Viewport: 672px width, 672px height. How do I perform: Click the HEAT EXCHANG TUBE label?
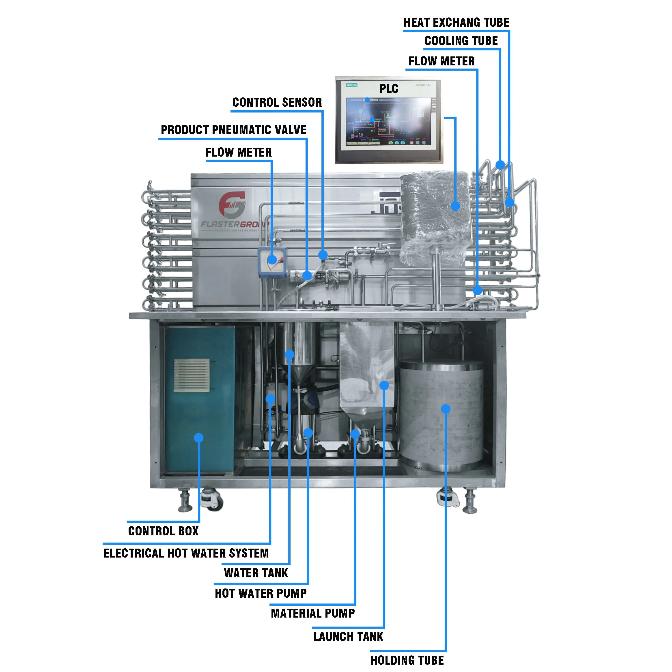(456, 23)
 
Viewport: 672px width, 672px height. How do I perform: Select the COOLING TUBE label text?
(461, 41)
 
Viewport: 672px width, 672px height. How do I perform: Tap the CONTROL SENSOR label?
(277, 102)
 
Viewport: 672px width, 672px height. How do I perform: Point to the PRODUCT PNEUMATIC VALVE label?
(233, 130)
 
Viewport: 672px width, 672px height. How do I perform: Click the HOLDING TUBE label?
(407, 660)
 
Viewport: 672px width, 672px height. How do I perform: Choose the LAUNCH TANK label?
(348, 637)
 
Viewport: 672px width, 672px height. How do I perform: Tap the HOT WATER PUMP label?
(261, 593)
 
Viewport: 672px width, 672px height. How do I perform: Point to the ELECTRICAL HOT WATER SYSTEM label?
(186, 553)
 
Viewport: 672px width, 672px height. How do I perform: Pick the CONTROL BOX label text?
(163, 531)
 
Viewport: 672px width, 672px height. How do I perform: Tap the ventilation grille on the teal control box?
(192, 375)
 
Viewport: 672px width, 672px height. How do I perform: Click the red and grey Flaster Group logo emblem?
(232, 204)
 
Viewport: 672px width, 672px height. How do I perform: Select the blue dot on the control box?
(199, 437)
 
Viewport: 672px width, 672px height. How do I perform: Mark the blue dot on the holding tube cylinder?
(446, 409)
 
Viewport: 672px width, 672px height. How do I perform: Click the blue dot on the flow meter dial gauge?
(272, 259)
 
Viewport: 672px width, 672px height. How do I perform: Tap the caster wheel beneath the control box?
(212, 500)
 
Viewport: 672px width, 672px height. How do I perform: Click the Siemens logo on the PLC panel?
(352, 85)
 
